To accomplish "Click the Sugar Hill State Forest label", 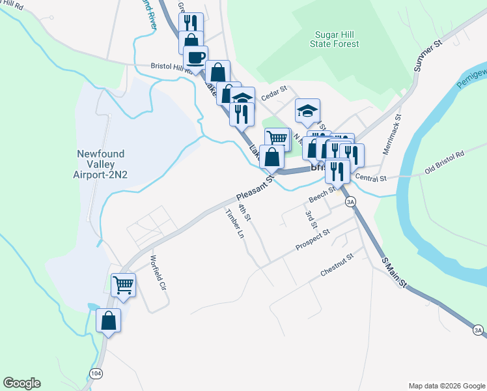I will point(337,38).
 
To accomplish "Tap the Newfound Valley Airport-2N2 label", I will point(102,165).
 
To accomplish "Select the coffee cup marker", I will point(195,57).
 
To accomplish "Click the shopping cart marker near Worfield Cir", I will point(124,285).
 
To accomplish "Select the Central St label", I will point(371,178).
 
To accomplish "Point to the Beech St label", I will point(322,194).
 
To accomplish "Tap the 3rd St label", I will point(311,220).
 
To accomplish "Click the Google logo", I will point(21,383).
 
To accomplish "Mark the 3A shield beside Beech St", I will point(351,201).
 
